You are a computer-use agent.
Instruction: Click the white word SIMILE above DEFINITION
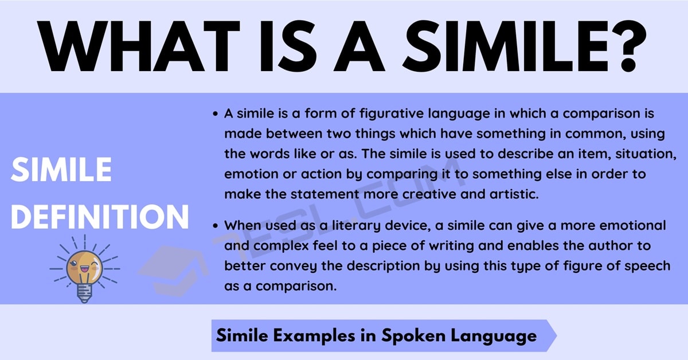pos(61,170)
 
